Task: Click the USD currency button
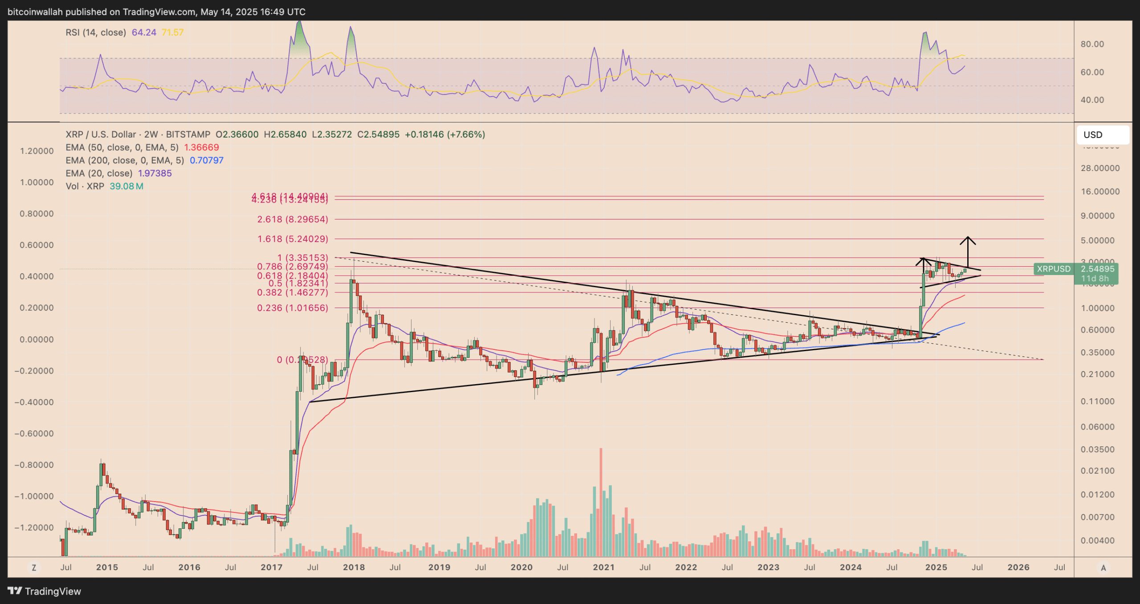1102,135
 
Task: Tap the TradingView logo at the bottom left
45,591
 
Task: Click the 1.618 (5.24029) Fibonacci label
293,239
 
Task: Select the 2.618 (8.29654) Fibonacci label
293,219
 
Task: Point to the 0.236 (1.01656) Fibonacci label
293,308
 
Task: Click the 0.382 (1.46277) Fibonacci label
293,292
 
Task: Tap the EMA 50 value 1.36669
201,147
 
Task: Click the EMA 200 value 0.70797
207,160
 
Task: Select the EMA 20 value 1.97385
155,173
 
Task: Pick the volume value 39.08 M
126,186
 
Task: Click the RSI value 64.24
144,32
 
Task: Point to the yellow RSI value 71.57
172,32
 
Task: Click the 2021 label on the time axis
604,568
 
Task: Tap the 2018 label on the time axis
354,568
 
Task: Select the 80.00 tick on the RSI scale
1092,44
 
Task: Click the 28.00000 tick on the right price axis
1100,168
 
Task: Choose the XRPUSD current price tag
1075,269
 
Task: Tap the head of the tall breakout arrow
968,239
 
